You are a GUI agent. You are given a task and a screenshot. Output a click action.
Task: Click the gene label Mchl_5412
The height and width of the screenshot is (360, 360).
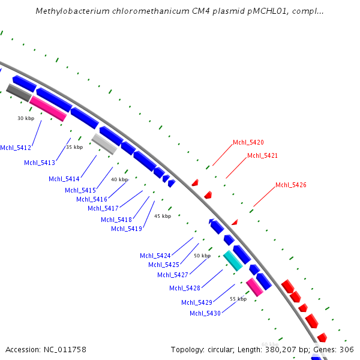click(16, 148)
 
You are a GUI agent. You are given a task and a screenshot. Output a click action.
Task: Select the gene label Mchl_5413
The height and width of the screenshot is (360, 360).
click(40, 163)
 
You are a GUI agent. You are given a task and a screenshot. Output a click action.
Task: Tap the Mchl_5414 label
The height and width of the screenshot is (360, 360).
click(64, 178)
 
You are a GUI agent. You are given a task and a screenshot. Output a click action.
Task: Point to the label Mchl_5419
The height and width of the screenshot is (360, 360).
click(127, 229)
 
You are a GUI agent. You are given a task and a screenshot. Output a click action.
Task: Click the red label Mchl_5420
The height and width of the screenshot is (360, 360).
click(248, 143)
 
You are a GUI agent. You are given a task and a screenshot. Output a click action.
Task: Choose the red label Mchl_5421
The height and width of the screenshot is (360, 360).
click(263, 156)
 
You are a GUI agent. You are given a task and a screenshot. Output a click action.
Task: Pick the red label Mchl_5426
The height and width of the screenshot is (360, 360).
click(291, 185)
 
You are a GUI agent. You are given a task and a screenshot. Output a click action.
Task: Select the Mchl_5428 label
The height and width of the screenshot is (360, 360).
click(185, 288)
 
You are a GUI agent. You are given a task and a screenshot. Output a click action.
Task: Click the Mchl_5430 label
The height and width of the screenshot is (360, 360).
click(206, 313)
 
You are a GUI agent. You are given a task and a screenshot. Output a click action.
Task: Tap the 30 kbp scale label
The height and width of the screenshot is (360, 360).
click(26, 119)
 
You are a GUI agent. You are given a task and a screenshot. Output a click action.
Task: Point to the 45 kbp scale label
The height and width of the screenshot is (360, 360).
click(163, 216)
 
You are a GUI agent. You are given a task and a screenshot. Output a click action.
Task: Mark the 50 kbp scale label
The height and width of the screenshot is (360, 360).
click(202, 256)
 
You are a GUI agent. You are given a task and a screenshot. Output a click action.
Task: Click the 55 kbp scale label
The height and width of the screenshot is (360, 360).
click(238, 299)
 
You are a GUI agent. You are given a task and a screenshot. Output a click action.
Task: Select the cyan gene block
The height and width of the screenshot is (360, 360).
click(233, 260)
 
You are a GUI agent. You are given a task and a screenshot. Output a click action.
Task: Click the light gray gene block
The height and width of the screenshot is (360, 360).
click(103, 144)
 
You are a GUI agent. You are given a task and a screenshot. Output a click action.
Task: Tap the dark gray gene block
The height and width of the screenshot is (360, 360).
click(19, 93)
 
